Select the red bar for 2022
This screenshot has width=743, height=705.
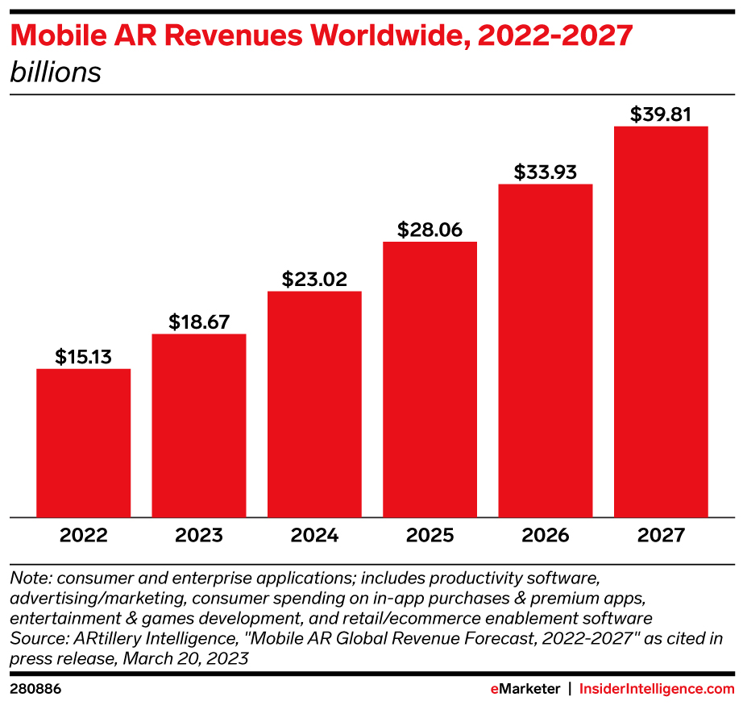(x=83, y=442)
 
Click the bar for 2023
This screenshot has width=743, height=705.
(x=199, y=425)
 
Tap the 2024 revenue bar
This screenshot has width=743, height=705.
(x=314, y=404)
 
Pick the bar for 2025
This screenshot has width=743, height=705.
(x=430, y=379)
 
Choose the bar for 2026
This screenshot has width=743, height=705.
(x=546, y=350)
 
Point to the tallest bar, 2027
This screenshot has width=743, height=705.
(x=661, y=321)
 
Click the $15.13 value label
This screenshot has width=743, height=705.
(x=83, y=356)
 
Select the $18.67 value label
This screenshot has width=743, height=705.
(x=199, y=321)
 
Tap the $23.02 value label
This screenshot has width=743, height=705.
(x=314, y=279)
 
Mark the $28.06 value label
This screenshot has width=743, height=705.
(x=430, y=230)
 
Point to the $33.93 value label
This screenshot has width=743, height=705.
(x=546, y=172)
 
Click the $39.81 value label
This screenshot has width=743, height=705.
(x=661, y=114)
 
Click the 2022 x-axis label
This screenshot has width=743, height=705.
(x=83, y=535)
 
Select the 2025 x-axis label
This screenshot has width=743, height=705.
(x=430, y=535)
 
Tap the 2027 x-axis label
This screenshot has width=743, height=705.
(x=661, y=535)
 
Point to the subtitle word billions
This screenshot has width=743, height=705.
(x=56, y=72)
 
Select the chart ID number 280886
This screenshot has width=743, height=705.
(x=35, y=689)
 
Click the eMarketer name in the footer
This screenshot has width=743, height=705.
(x=525, y=689)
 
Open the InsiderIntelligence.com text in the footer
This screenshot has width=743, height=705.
(x=657, y=689)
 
